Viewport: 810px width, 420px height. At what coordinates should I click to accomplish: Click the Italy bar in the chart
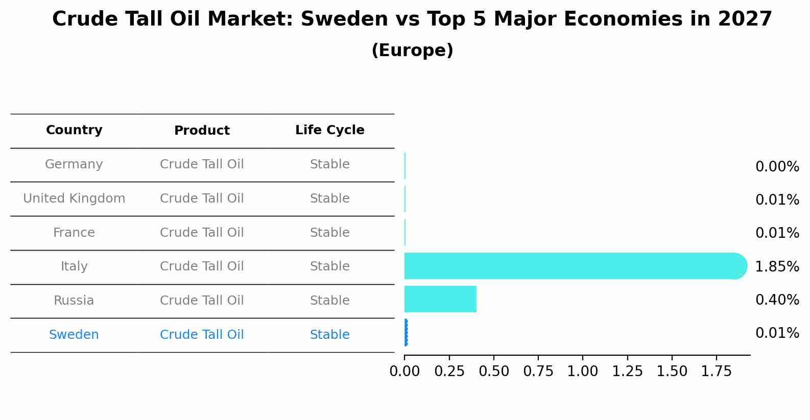coord(572,266)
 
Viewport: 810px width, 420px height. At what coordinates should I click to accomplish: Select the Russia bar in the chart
coord(440,299)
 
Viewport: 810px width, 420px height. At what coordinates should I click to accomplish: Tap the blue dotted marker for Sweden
coord(406,333)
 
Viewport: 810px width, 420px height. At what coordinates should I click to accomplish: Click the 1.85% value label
coord(777,266)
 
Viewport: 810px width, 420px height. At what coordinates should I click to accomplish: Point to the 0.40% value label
coord(777,300)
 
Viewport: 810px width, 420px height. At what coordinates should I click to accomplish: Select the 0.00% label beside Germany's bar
coord(777,167)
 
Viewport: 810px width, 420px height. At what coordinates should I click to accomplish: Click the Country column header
coord(74,130)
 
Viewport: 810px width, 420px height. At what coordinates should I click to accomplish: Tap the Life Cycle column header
coord(329,130)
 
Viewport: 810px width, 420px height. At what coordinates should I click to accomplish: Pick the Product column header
coord(202,131)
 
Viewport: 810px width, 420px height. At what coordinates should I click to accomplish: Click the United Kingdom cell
coord(74,199)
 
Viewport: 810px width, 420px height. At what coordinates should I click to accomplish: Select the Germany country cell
coord(74,164)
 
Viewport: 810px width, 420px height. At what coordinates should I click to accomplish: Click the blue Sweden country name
coord(74,335)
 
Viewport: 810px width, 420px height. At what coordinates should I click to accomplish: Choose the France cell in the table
coord(74,233)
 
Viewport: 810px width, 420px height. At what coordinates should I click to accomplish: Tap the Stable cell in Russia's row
coord(329,301)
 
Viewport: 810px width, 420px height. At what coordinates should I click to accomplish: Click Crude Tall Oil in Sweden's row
coord(202,335)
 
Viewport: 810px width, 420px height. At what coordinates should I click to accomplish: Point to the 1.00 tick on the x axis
coord(583,372)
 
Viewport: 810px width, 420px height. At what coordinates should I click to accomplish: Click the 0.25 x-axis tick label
coord(449,372)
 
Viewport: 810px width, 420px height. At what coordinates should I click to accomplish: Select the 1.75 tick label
coord(716,372)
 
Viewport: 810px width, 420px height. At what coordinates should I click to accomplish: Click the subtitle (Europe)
coord(412,51)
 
